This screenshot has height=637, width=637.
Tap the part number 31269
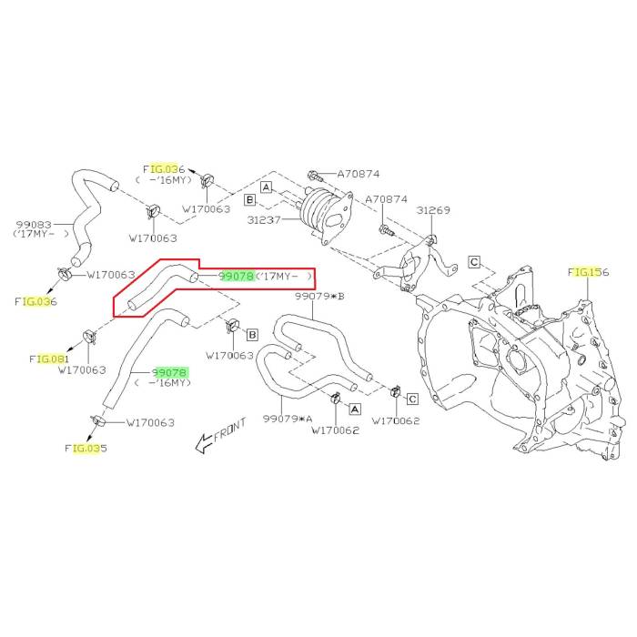434,210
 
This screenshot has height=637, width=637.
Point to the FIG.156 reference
588,272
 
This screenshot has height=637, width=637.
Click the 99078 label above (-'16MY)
170,373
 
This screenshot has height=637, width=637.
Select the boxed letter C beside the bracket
474,262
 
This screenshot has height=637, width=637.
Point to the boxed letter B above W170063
251,335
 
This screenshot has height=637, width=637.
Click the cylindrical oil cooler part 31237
325,215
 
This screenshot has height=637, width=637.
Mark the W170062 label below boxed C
395,421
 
